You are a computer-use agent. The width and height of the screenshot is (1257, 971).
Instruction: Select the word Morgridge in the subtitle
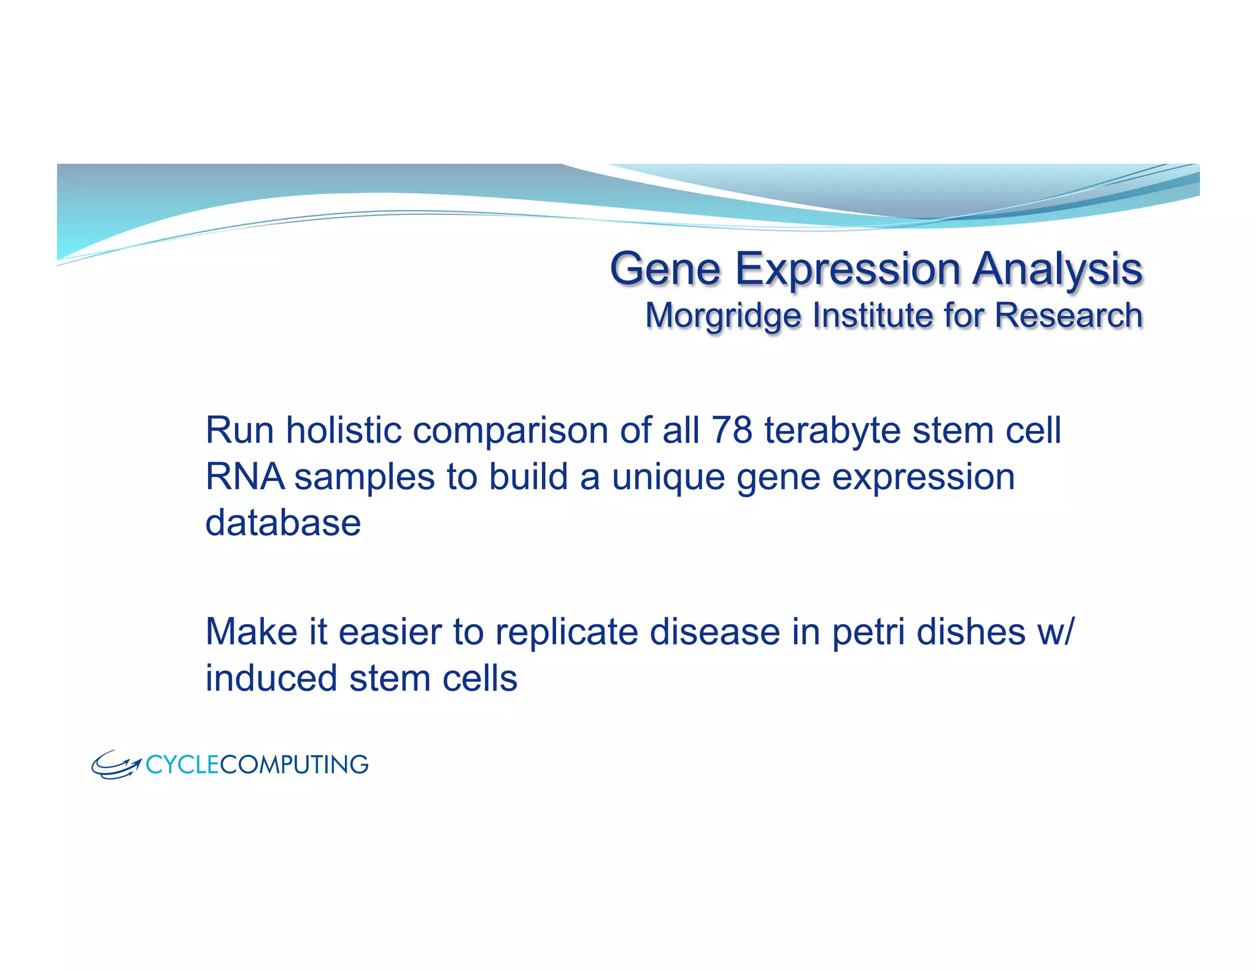point(723,315)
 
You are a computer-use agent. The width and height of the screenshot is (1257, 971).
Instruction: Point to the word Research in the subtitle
point(1068,315)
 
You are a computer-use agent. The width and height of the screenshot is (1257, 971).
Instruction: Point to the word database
point(283,523)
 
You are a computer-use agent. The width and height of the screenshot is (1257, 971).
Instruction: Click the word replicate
point(567,632)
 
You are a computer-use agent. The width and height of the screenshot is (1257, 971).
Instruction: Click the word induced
point(271,678)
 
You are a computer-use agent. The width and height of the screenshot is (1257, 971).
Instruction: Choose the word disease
point(714,632)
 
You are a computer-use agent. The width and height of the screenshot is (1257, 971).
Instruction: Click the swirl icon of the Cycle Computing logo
point(115,765)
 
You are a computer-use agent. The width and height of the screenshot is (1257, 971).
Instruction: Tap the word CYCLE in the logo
point(182,765)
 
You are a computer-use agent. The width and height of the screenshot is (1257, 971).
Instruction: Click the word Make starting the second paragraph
point(251,632)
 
